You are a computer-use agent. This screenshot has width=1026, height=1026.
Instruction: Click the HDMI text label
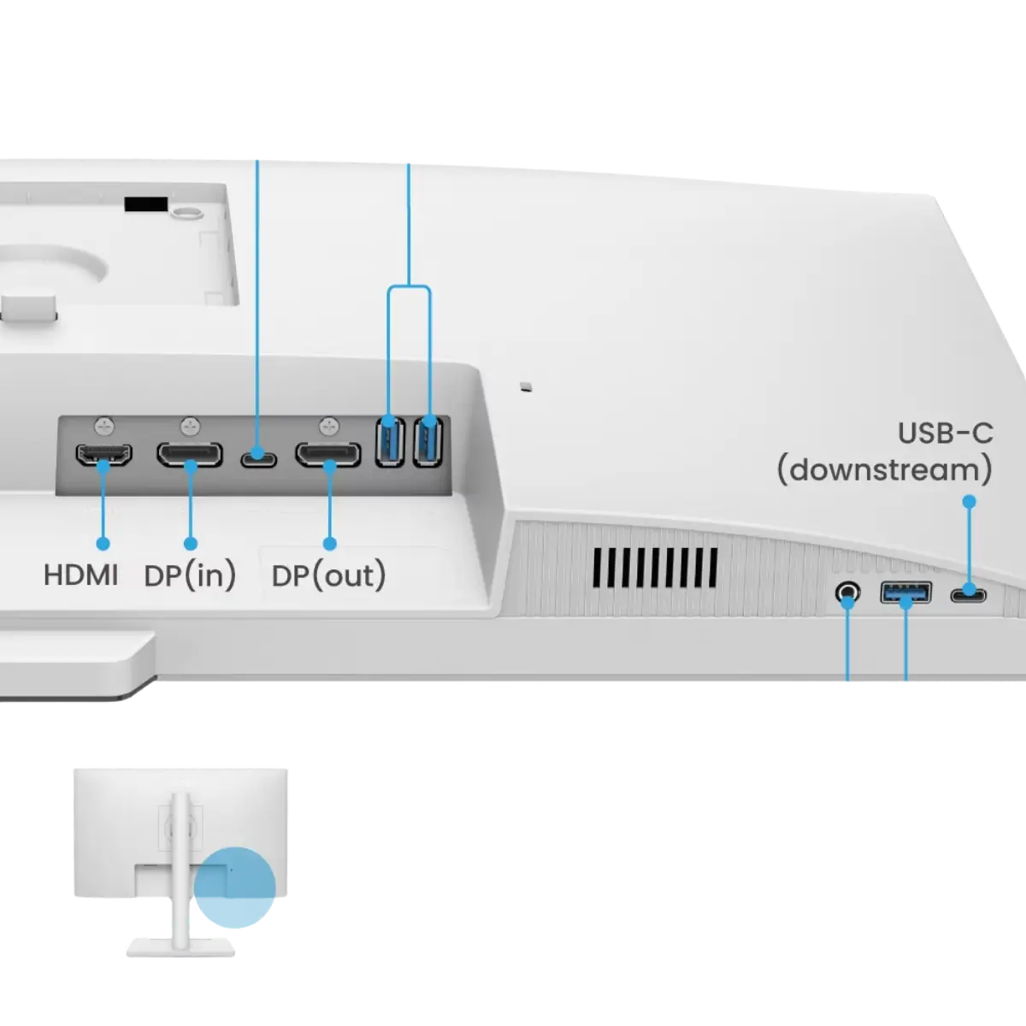[x=81, y=575]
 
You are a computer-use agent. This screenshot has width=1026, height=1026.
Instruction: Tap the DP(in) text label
[x=190, y=575]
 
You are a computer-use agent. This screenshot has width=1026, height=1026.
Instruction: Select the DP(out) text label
[x=328, y=575]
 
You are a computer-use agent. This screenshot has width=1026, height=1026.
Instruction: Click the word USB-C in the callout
[x=945, y=433]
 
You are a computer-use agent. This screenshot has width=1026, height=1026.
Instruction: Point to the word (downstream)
[x=885, y=469]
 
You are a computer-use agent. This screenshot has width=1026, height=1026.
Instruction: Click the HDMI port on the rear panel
[x=103, y=454]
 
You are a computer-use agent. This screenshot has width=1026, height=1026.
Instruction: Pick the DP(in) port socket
[x=190, y=454]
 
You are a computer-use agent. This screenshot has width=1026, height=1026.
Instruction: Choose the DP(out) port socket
[x=328, y=454]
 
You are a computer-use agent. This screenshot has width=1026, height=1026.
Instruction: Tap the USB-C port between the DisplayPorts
[x=259, y=459]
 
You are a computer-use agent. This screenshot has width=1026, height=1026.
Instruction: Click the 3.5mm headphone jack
[x=847, y=592]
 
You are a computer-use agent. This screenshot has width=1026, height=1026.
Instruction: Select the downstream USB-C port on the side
[x=969, y=595]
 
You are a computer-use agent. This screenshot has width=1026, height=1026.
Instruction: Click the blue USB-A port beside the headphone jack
[x=905, y=593]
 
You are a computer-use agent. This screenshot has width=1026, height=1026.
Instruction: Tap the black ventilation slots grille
[x=655, y=568]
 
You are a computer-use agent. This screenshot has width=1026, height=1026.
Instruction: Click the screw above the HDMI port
[x=104, y=426]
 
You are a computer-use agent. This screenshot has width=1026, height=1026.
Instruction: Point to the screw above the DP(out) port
[x=329, y=426]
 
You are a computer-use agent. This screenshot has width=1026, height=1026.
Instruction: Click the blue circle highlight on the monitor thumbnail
[x=234, y=887]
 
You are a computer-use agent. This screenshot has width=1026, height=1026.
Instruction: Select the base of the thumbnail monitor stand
[x=180, y=947]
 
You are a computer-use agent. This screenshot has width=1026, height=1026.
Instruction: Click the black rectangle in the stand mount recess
[x=146, y=204]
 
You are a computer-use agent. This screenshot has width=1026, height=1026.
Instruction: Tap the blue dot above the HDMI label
[x=103, y=544]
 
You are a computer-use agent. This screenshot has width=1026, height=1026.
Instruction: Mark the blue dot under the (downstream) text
[x=969, y=502]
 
